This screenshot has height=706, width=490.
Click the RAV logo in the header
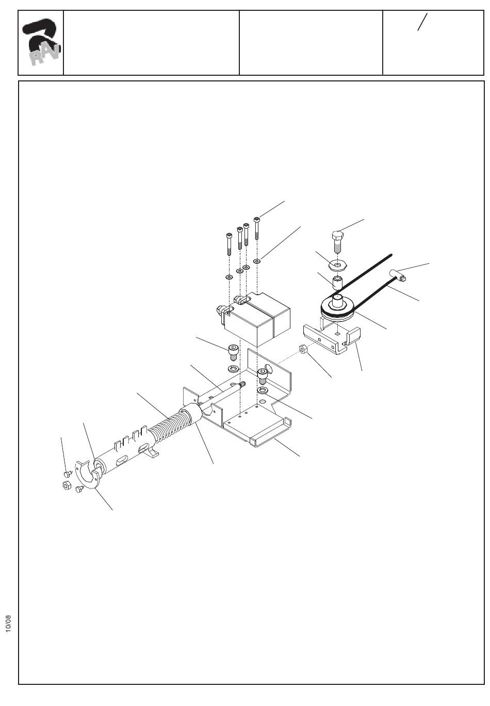point(41,43)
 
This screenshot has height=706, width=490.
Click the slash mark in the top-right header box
point(422,22)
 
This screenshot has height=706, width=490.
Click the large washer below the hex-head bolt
point(338,266)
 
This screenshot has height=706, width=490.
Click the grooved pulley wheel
point(336,310)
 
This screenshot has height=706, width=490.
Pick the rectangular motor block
point(258,320)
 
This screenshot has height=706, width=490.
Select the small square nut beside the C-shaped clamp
point(66,485)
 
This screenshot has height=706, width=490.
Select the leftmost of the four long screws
point(228,244)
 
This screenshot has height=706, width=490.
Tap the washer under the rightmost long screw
point(257,261)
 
